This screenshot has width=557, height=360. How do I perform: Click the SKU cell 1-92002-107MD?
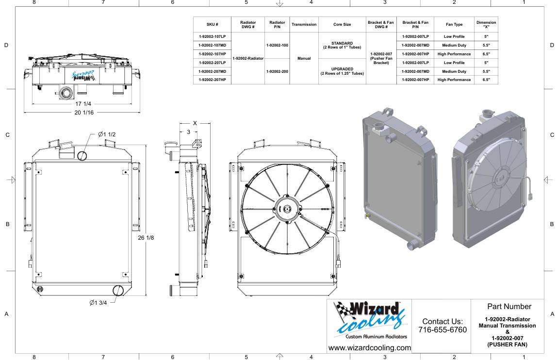coord(212,45)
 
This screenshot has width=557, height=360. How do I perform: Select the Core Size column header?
coord(342,25)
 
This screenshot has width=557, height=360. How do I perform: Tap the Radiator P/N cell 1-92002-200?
coord(277,71)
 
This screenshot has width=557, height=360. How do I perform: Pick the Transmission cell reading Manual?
coord(304,58)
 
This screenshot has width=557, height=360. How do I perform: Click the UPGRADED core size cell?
coord(342,71)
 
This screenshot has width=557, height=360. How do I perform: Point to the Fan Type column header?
coord(454,25)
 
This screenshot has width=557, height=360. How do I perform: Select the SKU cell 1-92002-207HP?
coord(212,80)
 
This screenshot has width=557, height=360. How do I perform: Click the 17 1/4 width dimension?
coord(83,104)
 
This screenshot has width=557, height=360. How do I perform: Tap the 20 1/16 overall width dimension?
coord(84,112)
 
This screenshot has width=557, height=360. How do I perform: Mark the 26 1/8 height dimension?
coord(146,237)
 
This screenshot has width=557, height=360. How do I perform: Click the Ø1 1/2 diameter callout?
coord(107,134)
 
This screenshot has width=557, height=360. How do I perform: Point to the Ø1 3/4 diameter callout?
coord(98,303)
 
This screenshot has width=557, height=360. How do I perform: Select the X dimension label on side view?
coord(195,123)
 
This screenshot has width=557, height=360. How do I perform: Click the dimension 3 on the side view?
coord(188,132)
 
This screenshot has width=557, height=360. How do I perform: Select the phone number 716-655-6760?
coord(442,330)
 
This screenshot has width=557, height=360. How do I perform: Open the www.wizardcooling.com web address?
coord(369,348)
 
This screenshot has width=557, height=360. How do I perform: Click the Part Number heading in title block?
coord(509,306)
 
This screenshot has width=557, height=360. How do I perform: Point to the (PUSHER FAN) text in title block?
coord(508,344)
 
